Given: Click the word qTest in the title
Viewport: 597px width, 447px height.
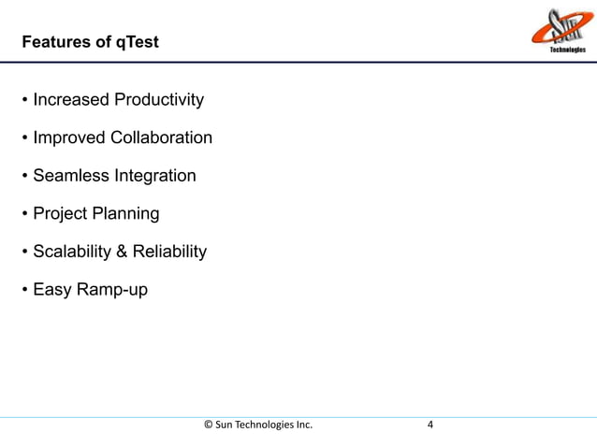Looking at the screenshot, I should pyautogui.click(x=137, y=43).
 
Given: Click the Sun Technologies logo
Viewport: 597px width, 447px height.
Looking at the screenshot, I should pyautogui.click(x=559, y=32).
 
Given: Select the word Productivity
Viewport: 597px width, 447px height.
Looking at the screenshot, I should pyautogui.click(x=158, y=100).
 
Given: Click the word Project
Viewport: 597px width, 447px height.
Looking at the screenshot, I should pyautogui.click(x=60, y=214).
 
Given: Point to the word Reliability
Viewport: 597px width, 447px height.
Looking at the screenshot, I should pyautogui.click(x=171, y=252).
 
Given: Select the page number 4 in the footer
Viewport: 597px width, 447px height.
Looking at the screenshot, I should pyautogui.click(x=430, y=425).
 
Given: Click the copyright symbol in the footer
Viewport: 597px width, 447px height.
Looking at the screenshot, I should pyautogui.click(x=208, y=425).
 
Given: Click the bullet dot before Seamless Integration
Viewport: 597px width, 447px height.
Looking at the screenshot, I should pyautogui.click(x=24, y=177).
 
